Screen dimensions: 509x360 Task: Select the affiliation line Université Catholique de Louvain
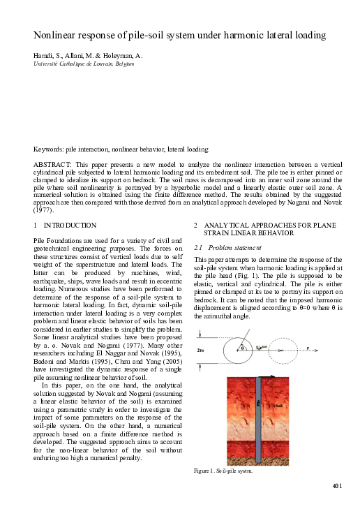(84, 64)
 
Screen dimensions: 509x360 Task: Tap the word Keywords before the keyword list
(50, 149)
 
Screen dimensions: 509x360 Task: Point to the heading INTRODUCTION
(70, 225)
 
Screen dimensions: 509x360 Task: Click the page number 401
(338, 486)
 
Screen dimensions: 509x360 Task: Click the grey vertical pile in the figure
(258, 419)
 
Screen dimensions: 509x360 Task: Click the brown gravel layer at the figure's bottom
(258, 462)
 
